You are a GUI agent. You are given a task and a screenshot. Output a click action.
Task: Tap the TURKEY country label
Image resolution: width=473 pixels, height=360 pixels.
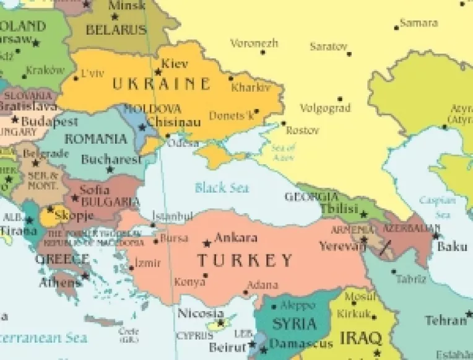tap(245, 260)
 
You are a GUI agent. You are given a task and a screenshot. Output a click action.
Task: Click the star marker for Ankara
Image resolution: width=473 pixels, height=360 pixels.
tap(207, 243)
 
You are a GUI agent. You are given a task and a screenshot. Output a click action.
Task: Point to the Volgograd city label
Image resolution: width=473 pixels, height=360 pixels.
tap(325, 108)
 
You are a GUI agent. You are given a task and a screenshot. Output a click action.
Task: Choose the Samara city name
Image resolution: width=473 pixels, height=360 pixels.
tap(419, 24)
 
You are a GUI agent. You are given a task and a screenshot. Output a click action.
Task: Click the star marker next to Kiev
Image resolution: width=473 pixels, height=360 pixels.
tap(158, 71)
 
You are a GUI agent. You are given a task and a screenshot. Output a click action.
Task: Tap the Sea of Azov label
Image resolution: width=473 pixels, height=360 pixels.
tap(283, 152)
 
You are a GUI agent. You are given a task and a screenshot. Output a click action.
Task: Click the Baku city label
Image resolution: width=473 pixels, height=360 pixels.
tap(452, 247)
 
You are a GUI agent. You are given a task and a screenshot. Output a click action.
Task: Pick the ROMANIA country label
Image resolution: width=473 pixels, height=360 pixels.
tap(96, 139)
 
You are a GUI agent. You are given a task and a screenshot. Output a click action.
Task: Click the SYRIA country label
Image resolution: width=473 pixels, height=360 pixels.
tap(295, 323)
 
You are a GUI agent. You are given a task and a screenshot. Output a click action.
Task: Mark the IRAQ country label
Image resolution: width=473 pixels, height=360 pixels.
tap(360, 339)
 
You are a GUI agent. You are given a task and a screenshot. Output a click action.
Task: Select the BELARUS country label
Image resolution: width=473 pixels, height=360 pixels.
tap(116, 29)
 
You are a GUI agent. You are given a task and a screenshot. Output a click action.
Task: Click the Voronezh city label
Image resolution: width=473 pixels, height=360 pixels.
tap(254, 43)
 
